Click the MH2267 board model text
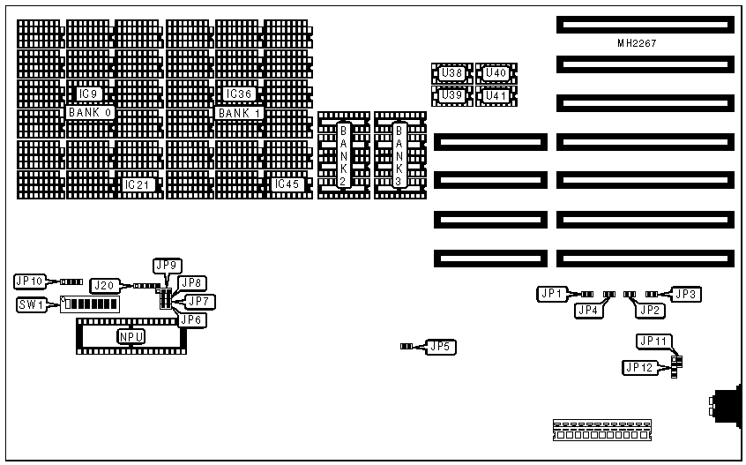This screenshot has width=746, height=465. (637, 42)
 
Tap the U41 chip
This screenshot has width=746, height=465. (496, 94)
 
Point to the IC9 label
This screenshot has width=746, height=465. (89, 94)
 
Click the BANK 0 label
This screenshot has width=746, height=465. (90, 113)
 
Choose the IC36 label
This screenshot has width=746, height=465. (239, 94)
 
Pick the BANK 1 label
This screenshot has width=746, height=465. (240, 113)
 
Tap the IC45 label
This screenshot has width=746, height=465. (288, 184)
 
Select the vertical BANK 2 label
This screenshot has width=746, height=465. (344, 155)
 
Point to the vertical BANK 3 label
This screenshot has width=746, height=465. (399, 155)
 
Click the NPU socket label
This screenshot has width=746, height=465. (131, 336)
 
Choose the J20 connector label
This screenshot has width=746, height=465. (104, 285)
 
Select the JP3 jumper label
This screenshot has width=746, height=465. (687, 294)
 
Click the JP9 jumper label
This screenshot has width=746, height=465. (167, 265)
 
